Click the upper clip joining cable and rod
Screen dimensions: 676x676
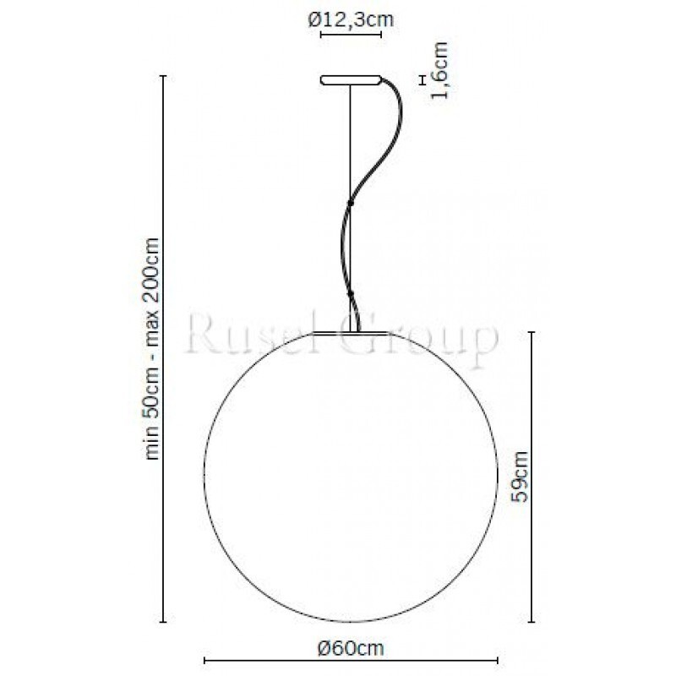point(351,202)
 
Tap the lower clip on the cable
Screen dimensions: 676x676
point(351,293)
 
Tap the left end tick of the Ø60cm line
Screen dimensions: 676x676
point(205,661)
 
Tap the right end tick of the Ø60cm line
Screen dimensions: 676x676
point(499,661)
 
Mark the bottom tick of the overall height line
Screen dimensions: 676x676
point(163,619)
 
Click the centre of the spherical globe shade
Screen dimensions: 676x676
point(352,477)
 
